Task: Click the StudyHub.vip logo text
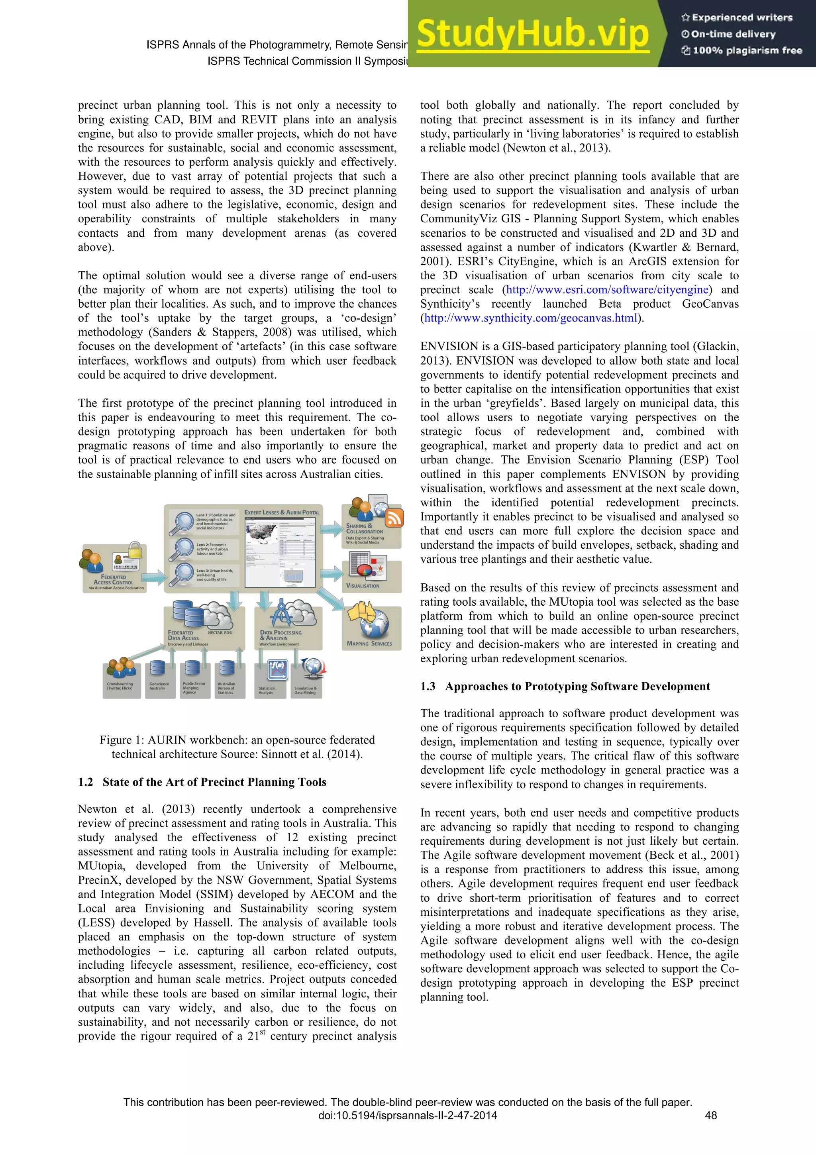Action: point(533,34)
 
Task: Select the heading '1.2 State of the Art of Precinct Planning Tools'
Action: point(202,782)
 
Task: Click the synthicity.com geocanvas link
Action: point(531,318)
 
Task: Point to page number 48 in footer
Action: point(710,1115)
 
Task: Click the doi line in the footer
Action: point(408,1115)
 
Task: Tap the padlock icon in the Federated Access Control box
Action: point(135,550)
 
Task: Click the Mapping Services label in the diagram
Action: point(369,643)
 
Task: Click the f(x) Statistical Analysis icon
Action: point(276,669)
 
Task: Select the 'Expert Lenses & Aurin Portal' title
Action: point(282,512)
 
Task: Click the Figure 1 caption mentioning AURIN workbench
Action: point(237,747)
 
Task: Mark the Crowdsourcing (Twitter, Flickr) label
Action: point(120,686)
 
